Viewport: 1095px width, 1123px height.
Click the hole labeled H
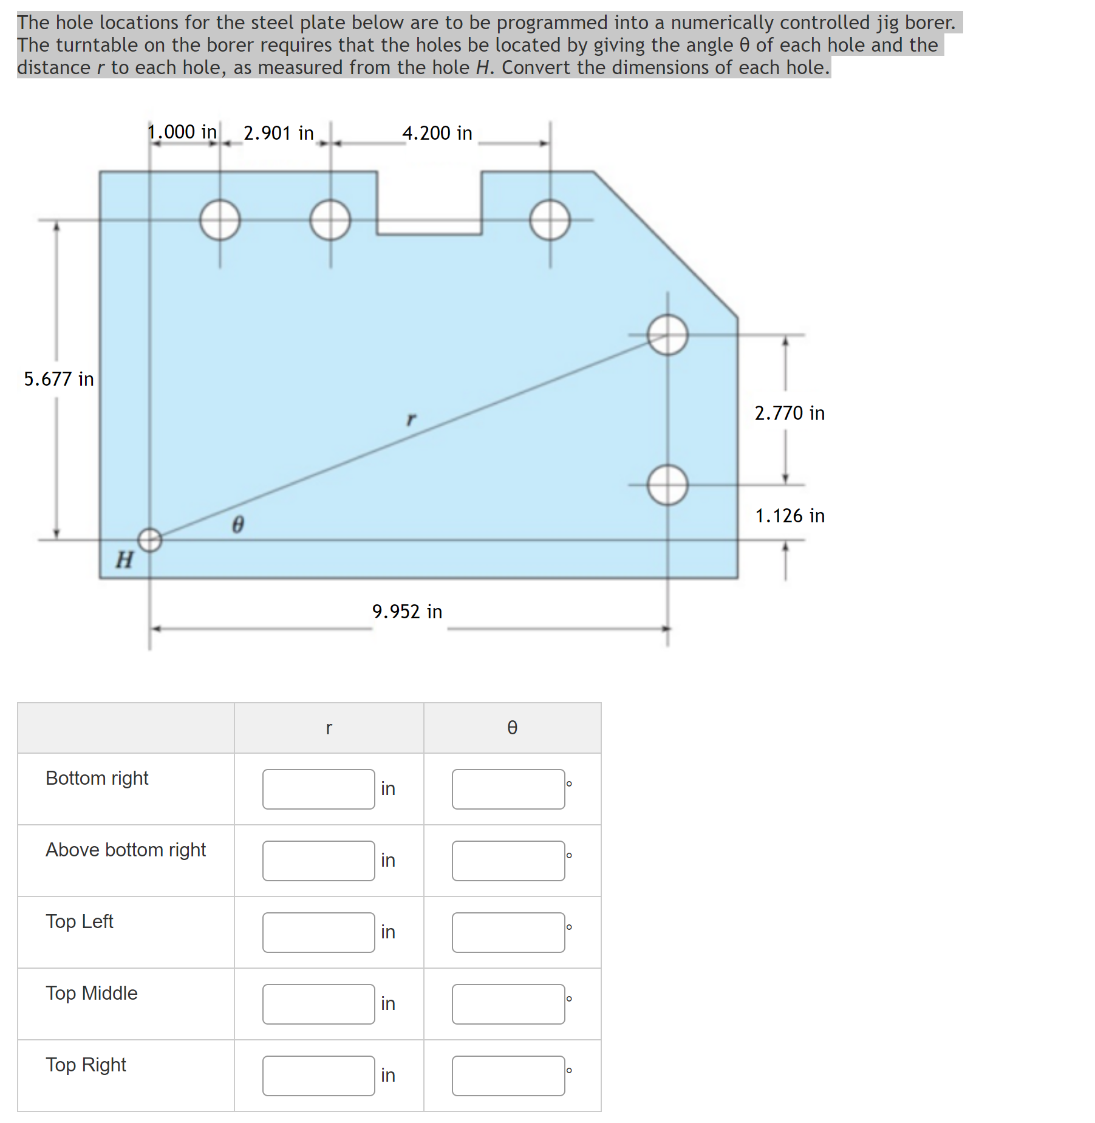coord(150,539)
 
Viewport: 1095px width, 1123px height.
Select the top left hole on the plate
coord(220,220)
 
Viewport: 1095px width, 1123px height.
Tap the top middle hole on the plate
coord(330,220)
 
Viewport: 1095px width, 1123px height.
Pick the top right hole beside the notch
coord(550,220)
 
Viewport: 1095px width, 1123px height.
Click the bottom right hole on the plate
coord(667,485)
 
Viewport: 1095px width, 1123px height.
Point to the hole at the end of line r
coord(667,335)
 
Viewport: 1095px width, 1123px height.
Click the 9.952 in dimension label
coord(408,612)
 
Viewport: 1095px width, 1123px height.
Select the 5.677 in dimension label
coord(59,379)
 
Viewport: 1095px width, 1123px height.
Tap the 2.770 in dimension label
coord(790,413)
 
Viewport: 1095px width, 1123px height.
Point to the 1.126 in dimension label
coord(790,516)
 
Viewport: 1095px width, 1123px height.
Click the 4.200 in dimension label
coord(437,133)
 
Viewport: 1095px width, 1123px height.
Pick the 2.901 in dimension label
coord(279,133)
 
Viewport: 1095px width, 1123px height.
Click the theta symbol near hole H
coord(238,524)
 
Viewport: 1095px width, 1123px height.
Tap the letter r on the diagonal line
coord(411,419)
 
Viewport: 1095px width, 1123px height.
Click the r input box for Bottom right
coord(318,789)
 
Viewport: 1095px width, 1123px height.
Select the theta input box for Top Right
coord(508,1076)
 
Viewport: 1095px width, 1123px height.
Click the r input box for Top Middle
coord(318,1004)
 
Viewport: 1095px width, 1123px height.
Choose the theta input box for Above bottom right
coord(508,861)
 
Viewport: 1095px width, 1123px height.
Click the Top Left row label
coord(80,921)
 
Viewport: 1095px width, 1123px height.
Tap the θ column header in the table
coord(512,728)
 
